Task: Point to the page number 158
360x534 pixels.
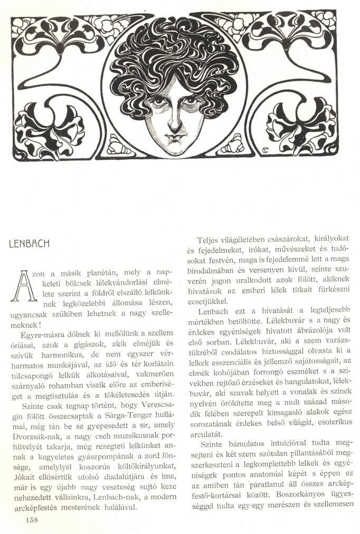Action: tap(31, 520)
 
